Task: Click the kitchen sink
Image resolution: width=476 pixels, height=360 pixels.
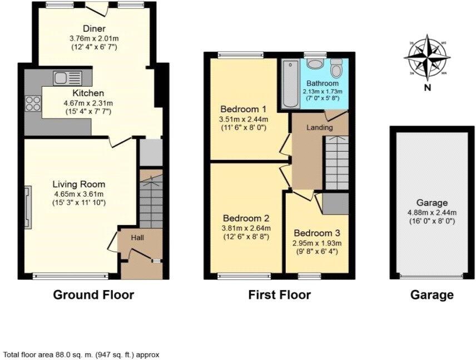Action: (x=67, y=78)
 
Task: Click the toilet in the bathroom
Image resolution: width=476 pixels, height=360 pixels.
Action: (x=336, y=69)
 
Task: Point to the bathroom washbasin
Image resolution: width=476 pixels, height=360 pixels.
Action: (x=315, y=64)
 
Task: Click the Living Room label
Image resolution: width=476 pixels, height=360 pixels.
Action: (x=78, y=184)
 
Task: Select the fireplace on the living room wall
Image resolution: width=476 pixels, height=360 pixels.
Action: (x=28, y=207)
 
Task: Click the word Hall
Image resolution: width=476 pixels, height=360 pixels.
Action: (x=137, y=238)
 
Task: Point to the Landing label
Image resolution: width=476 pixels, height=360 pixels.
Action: (x=320, y=128)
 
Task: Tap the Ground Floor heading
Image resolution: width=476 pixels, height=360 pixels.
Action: (x=93, y=295)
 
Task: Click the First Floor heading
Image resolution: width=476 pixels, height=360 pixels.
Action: (x=279, y=295)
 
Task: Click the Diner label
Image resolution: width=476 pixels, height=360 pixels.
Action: (x=94, y=29)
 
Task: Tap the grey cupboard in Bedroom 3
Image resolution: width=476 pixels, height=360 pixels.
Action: (x=335, y=204)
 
